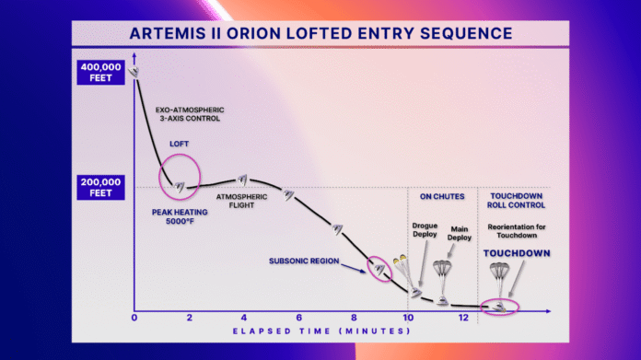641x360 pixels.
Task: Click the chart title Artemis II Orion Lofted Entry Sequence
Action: [320, 34]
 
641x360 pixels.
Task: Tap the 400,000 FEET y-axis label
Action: [102, 72]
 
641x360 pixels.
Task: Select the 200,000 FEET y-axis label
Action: [102, 188]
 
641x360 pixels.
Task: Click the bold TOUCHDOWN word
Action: [517, 252]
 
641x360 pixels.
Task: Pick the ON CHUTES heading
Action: [442, 196]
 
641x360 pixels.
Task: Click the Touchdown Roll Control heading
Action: [517, 201]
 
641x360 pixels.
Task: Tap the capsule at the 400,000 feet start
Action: [134, 71]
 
